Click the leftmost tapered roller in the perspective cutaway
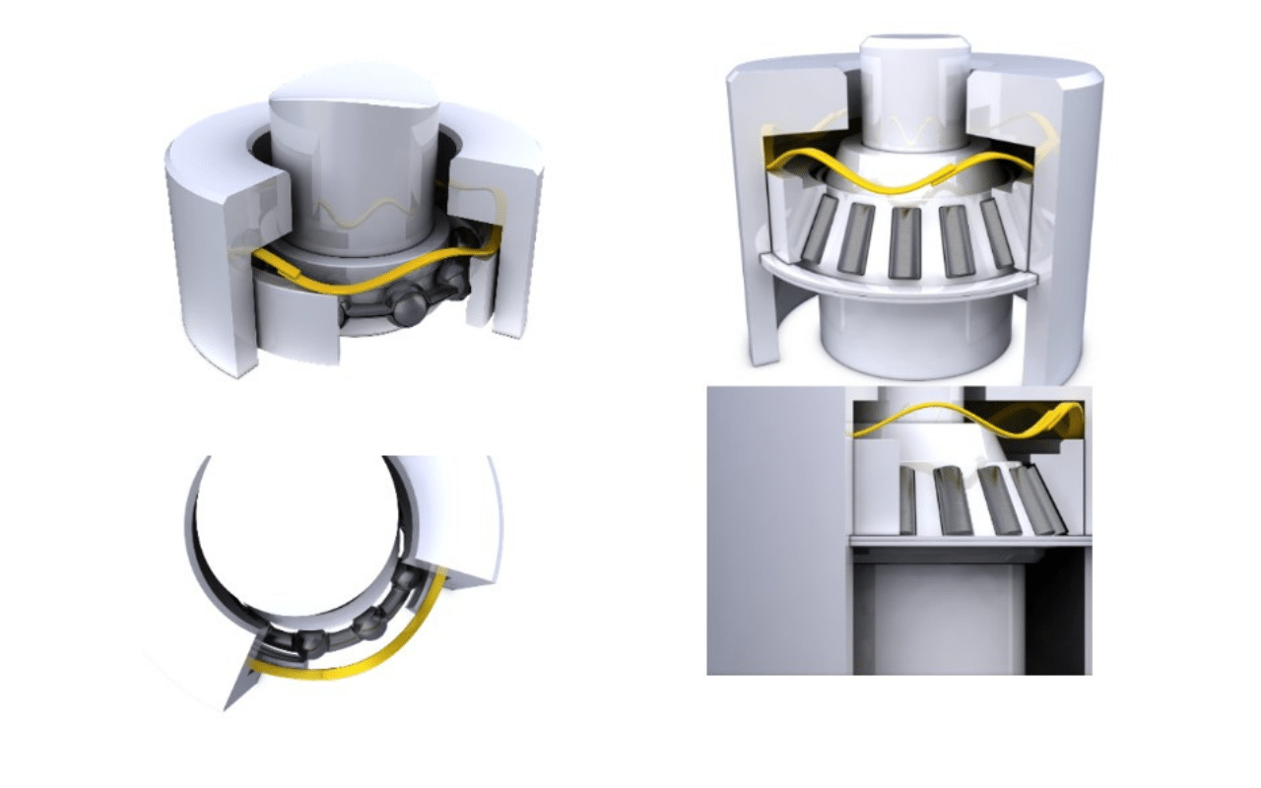(x=820, y=228)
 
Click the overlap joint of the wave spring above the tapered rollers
(x=941, y=174)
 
